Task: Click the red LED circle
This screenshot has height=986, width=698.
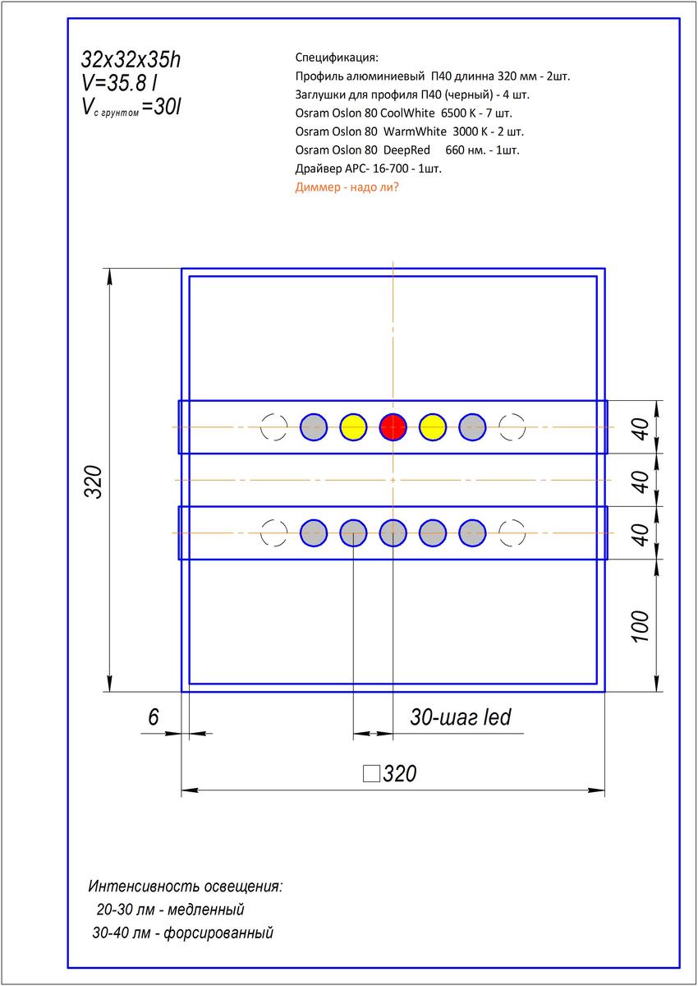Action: click(x=393, y=426)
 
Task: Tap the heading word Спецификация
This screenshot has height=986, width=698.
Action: click(x=337, y=58)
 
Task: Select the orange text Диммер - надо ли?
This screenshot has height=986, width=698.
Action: click(x=347, y=187)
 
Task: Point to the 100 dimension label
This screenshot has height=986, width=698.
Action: click(x=641, y=626)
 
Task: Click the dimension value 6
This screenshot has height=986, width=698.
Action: click(x=153, y=716)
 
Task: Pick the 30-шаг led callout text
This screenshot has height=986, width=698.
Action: click(x=461, y=717)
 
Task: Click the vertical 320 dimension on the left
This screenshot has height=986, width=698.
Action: click(x=93, y=481)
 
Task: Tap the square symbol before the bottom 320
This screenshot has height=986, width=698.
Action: click(x=371, y=773)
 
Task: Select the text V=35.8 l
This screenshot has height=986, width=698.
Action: click(x=119, y=83)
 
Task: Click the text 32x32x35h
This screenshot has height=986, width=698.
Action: click(x=131, y=59)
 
